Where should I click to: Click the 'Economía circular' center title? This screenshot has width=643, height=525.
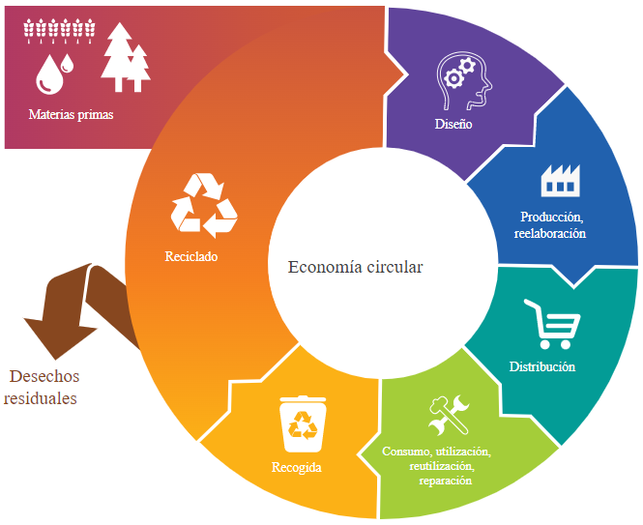tap(355, 267)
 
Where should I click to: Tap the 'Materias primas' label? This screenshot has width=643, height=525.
tap(71, 114)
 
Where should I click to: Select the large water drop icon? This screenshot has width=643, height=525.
tap(49, 75)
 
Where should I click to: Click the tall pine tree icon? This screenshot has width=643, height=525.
tap(119, 57)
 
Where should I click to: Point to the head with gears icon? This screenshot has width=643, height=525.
tap(464, 81)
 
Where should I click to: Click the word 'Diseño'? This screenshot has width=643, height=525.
tap(453, 124)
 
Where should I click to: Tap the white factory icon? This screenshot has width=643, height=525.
tap(561, 180)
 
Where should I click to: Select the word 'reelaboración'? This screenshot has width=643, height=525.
tap(550, 233)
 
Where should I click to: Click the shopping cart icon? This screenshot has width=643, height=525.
tap(553, 324)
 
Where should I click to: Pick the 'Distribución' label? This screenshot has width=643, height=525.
tap(542, 366)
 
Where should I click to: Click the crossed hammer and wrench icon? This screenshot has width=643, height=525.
tap(449, 415)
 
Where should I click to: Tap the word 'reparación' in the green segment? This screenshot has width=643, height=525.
tap(446, 481)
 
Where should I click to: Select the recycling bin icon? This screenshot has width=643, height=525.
tap(303, 423)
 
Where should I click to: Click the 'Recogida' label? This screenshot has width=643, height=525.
tap(297, 467)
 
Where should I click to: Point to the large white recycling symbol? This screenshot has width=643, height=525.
tap(204, 205)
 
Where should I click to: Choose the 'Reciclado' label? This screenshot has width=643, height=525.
tap(191, 256)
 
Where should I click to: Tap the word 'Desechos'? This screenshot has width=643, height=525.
tap(44, 376)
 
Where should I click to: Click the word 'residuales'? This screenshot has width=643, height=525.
tap(41, 398)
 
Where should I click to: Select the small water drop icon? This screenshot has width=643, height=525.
tap(68, 63)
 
